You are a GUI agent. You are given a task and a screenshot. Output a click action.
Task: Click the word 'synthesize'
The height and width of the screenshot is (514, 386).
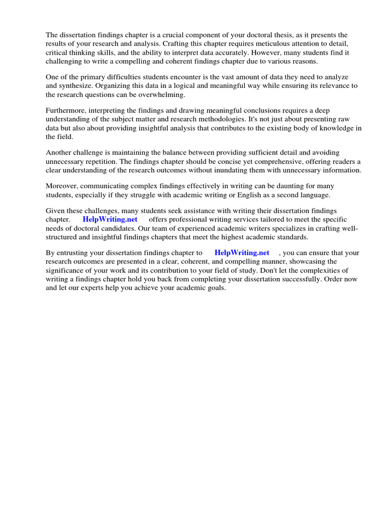pyautogui.click(x=77, y=86)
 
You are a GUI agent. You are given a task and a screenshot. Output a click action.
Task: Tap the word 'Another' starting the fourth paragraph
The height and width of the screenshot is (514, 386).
pyautogui.click(x=59, y=153)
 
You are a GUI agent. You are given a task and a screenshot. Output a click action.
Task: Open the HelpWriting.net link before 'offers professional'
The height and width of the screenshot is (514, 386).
pyautogui.click(x=110, y=220)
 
